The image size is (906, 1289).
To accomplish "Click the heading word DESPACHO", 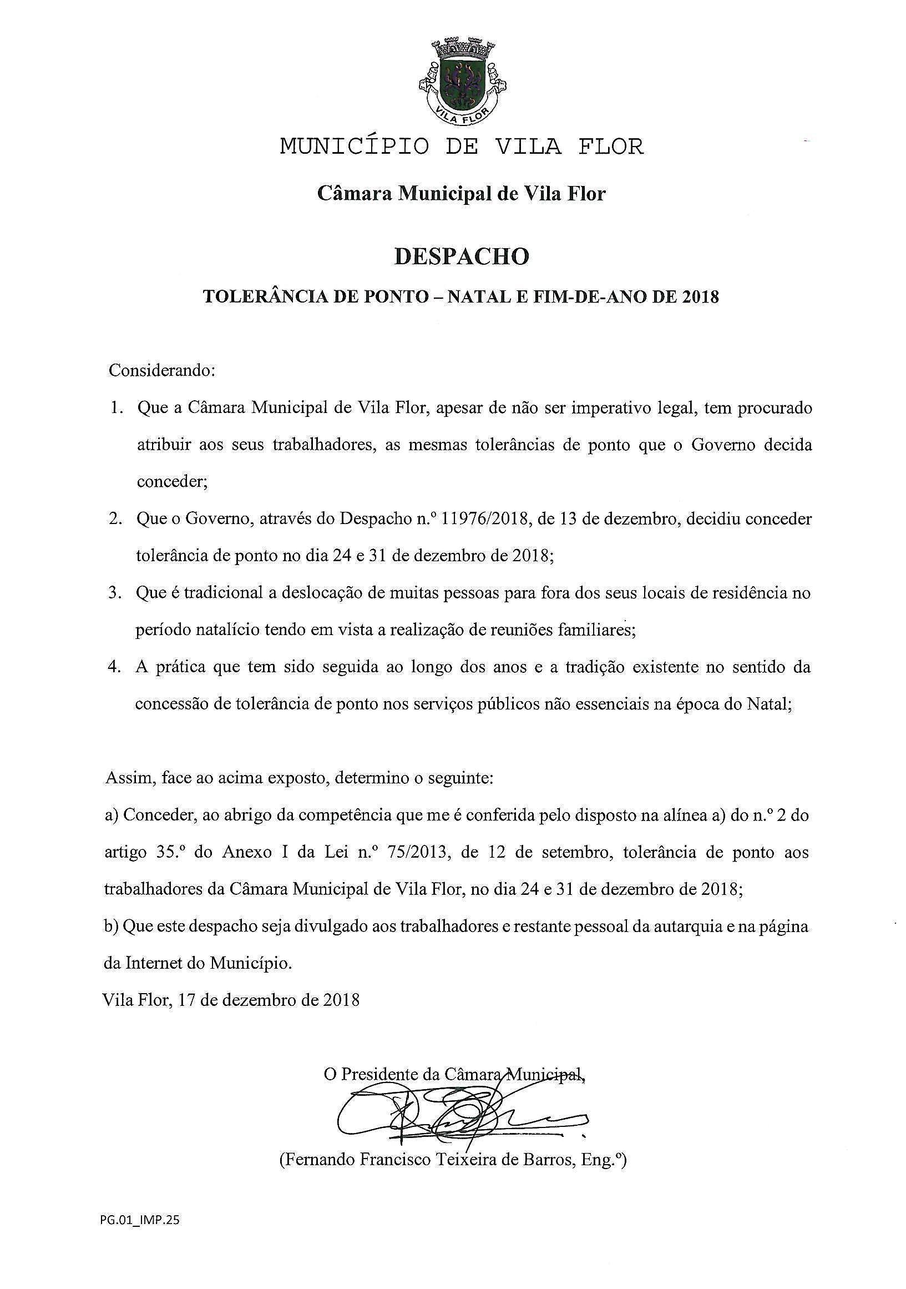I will click(461, 256).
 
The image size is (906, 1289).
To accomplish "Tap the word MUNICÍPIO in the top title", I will click(355, 147).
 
